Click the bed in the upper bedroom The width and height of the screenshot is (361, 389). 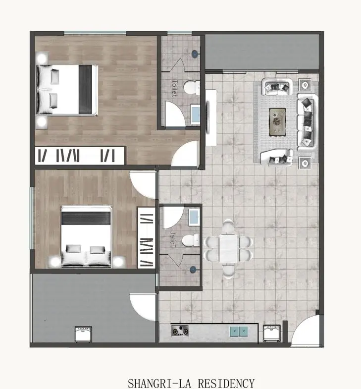67,90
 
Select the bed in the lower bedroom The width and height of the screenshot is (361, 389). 86,237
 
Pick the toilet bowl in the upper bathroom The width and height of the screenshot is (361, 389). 189,89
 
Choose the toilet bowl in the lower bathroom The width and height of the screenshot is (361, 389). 190,241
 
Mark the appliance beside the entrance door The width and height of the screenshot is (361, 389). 271,333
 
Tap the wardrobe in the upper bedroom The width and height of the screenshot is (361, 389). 79,155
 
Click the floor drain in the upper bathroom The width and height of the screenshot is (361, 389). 196,53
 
